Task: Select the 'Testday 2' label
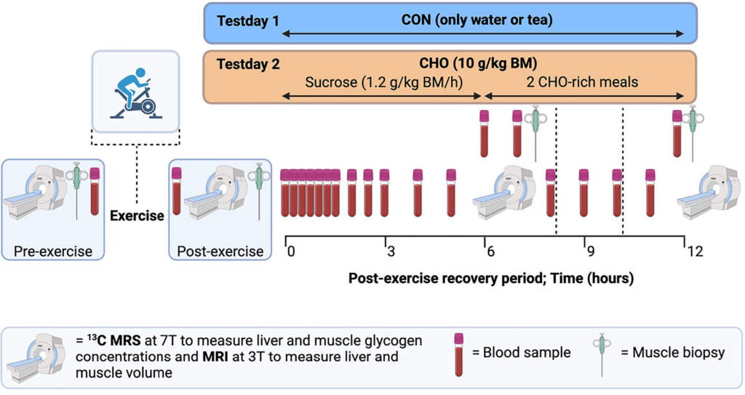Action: pos(248,64)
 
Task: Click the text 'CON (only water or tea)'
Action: pos(477,20)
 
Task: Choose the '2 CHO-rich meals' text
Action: pos(582,82)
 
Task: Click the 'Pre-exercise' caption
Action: pos(53,252)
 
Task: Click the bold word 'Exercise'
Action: pos(137,216)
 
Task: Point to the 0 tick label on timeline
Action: pos(291,252)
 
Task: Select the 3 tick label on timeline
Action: pos(391,252)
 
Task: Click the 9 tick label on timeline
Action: pos(591,252)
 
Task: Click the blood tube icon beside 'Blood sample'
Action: pos(458,354)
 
